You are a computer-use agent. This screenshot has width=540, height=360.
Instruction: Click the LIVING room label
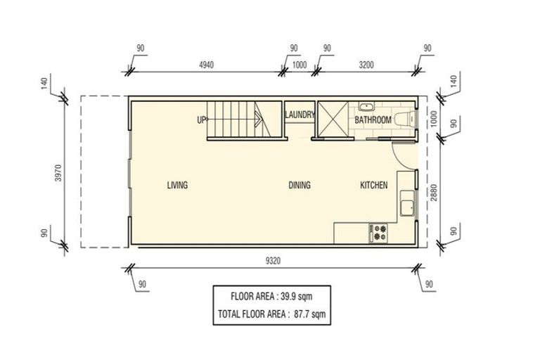click(x=177, y=186)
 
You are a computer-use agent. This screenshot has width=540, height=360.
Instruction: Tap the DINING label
click(x=300, y=186)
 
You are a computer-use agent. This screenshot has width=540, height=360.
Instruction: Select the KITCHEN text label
click(x=373, y=186)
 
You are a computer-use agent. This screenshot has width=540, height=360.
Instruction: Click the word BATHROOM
click(x=373, y=120)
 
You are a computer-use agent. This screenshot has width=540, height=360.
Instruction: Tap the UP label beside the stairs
click(x=201, y=120)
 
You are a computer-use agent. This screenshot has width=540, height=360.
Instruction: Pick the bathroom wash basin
click(x=365, y=107)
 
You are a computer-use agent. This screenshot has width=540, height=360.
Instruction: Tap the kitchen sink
click(x=406, y=207)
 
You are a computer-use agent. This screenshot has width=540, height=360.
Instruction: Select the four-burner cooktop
click(x=379, y=233)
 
